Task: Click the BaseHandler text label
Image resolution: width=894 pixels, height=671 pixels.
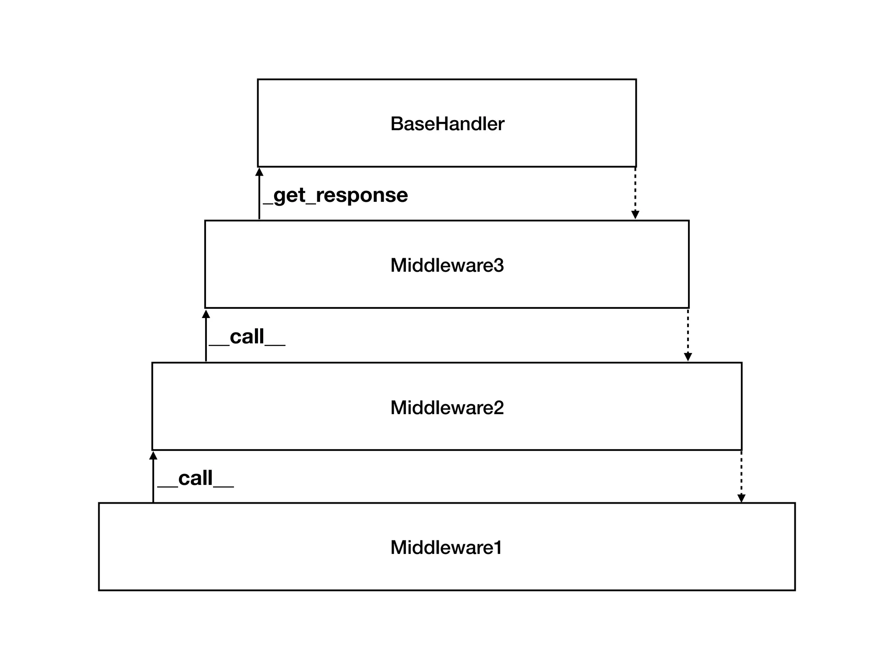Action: click(x=447, y=124)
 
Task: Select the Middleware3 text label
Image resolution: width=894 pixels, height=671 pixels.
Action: click(x=447, y=266)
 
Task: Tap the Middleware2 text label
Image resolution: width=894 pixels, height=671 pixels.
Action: click(x=447, y=408)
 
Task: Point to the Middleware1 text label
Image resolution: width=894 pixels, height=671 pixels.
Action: click(x=446, y=548)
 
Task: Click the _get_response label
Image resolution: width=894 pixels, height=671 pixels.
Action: click(x=336, y=195)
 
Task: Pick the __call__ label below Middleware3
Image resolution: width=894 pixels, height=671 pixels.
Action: click(x=247, y=337)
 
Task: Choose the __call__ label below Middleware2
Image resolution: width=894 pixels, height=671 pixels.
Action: click(x=196, y=478)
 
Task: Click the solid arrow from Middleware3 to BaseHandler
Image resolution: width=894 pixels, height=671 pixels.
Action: click(x=259, y=197)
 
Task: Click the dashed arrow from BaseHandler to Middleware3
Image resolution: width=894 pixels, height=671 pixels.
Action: click(x=635, y=192)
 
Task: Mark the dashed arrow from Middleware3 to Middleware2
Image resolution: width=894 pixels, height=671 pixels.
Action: click(x=688, y=334)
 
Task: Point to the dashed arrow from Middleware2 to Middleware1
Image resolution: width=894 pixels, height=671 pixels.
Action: click(x=741, y=476)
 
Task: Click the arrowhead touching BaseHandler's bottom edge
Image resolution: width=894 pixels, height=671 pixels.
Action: click(x=259, y=172)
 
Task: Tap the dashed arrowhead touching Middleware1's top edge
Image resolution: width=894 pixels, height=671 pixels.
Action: click(x=741, y=498)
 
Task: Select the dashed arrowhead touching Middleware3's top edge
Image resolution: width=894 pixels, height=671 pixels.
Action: click(x=635, y=215)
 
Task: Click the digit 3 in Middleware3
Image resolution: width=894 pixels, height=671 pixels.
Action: click(x=499, y=266)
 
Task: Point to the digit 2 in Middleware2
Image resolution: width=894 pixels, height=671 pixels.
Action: click(x=499, y=408)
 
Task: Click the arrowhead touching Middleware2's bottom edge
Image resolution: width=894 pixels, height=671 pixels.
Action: click(x=153, y=456)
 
